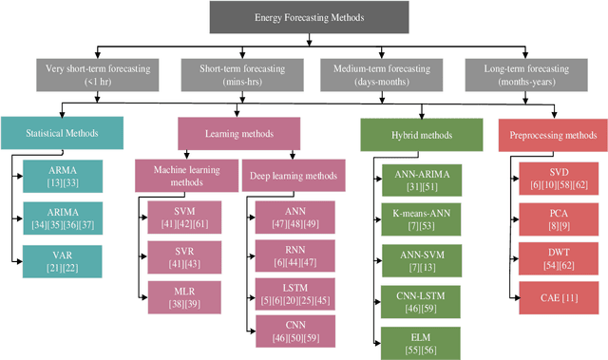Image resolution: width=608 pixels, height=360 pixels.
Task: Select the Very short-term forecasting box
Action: point(90,74)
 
